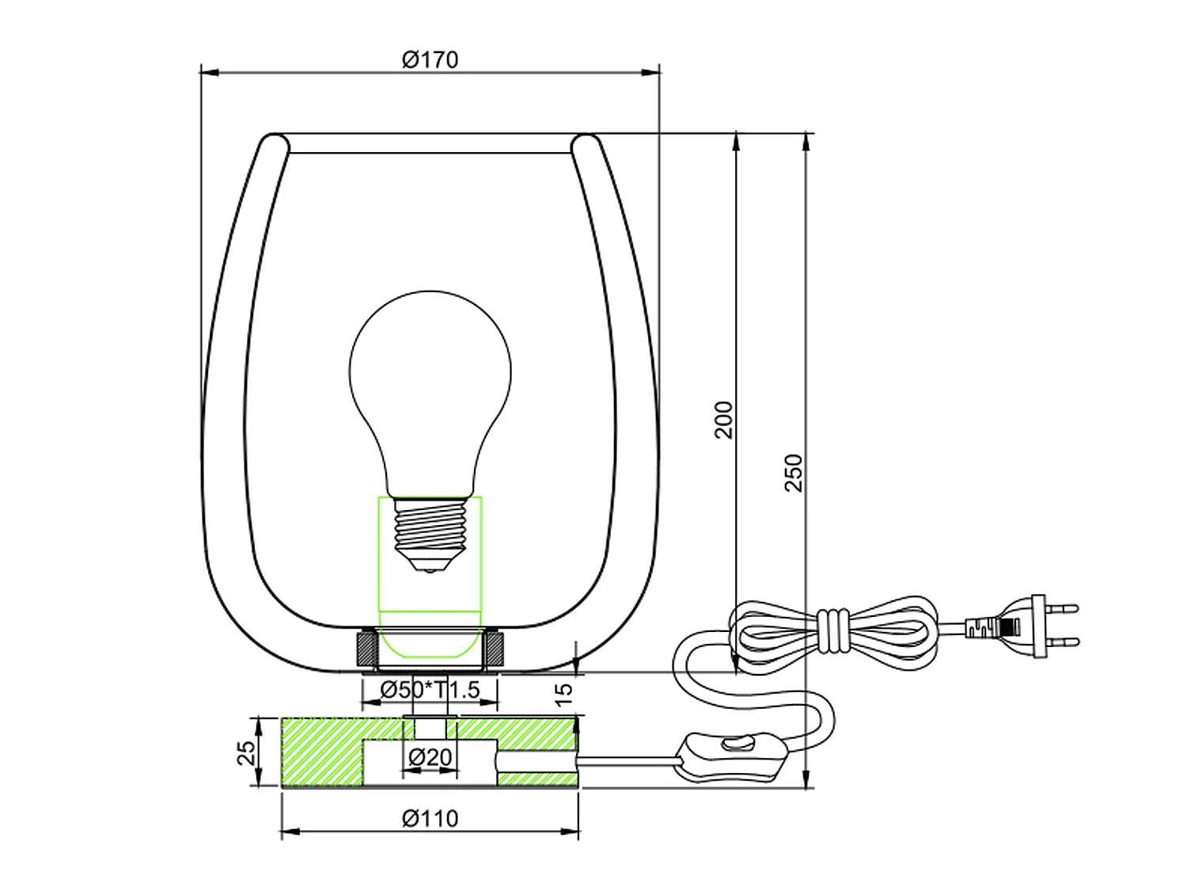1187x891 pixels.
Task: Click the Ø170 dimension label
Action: click(x=430, y=60)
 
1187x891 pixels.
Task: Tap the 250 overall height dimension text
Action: click(x=794, y=473)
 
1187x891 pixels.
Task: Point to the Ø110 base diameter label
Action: click(x=430, y=818)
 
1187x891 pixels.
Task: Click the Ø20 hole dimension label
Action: click(x=430, y=757)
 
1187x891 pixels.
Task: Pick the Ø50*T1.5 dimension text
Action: click(x=430, y=690)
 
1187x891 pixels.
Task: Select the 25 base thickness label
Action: click(x=247, y=752)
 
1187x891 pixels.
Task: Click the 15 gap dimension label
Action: click(x=563, y=695)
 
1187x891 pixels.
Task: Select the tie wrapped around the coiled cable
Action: click(x=832, y=630)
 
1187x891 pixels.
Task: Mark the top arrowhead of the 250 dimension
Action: click(x=806, y=141)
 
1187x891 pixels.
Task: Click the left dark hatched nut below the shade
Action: click(x=366, y=649)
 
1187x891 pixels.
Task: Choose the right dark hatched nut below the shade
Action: click(x=495, y=649)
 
